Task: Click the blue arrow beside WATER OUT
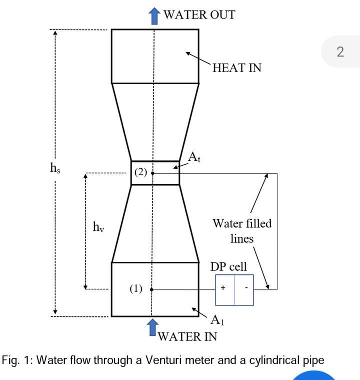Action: (x=155, y=16)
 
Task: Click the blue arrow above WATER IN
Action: (x=152, y=328)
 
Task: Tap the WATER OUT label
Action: (x=199, y=15)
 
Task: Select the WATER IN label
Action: (x=187, y=336)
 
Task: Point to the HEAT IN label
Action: (x=236, y=68)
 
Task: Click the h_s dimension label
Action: (x=55, y=168)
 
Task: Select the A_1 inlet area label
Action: (x=216, y=320)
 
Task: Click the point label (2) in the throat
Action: (x=140, y=172)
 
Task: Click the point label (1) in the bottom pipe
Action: (x=136, y=289)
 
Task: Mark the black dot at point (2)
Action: (x=153, y=173)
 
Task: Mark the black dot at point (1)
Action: (x=151, y=289)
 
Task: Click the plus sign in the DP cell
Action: (x=223, y=288)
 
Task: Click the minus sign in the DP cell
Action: (x=246, y=288)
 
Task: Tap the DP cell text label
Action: (x=228, y=267)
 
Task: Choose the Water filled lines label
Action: (x=242, y=231)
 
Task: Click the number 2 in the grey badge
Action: (x=340, y=52)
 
